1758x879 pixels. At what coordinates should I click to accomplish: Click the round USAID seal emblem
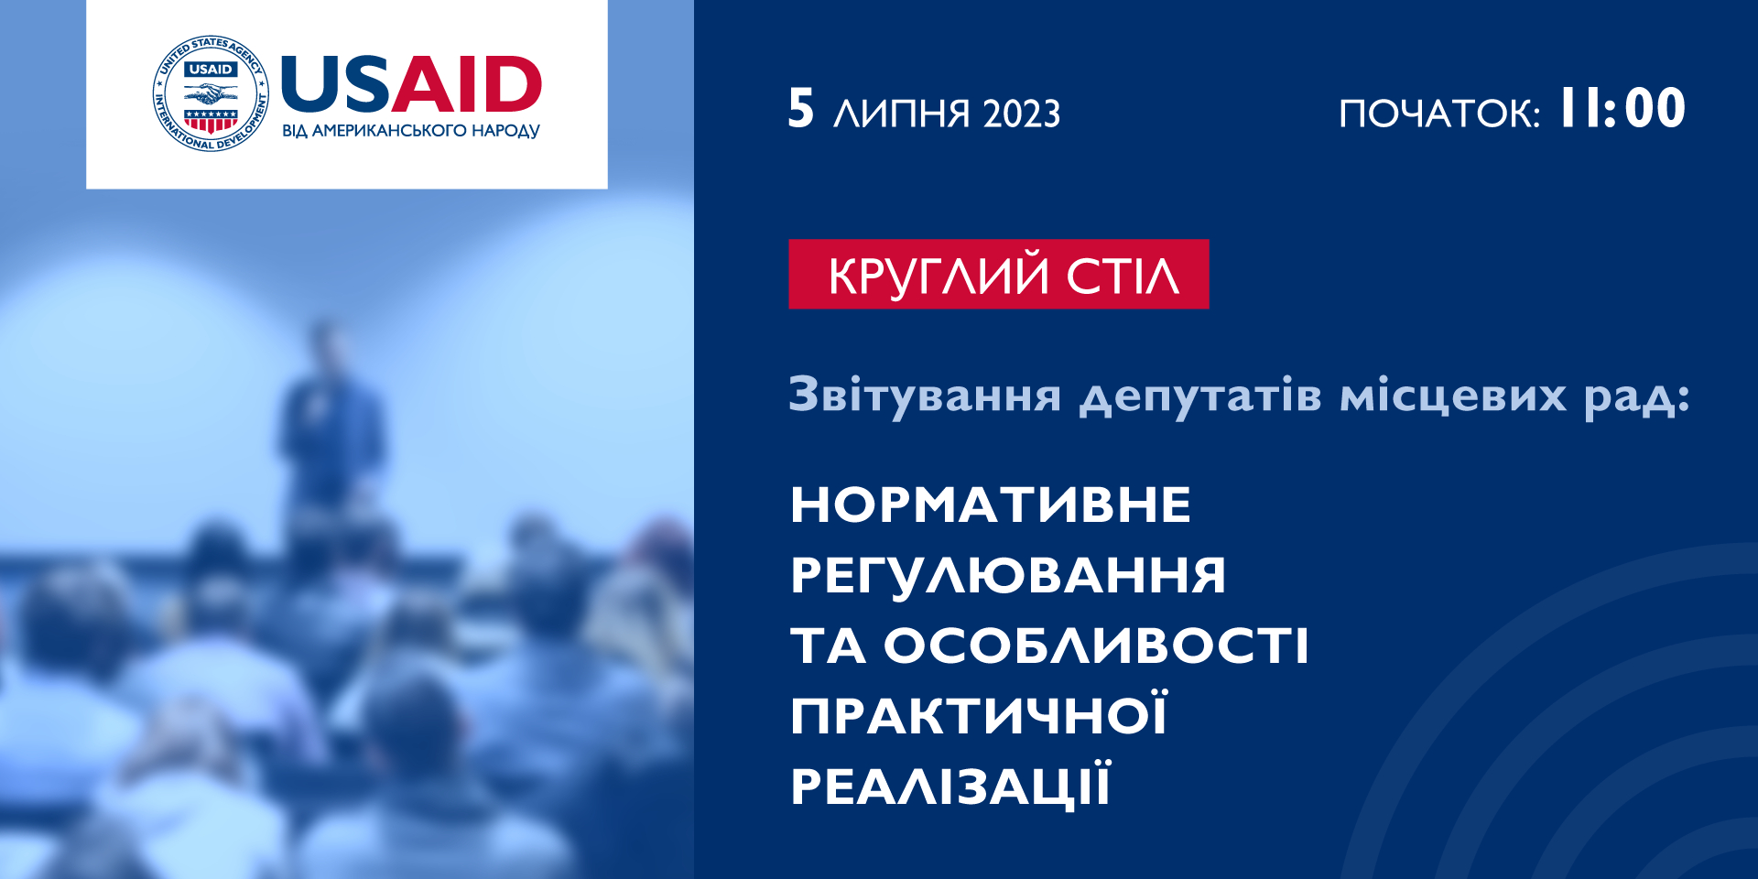tap(211, 93)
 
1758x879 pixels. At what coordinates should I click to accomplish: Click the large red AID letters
tap(467, 84)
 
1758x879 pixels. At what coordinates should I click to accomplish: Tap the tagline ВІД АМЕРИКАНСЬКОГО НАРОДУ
tap(411, 131)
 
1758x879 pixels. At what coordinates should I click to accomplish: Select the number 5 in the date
tap(800, 109)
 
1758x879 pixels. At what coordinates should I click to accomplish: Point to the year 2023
tap(1022, 114)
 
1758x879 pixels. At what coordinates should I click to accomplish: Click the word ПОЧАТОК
tap(1438, 114)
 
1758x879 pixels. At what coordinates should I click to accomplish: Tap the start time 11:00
tap(1622, 108)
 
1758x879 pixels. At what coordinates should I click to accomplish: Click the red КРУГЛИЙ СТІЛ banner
tap(999, 274)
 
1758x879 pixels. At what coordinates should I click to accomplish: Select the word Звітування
tap(925, 395)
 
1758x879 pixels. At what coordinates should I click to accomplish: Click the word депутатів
tap(1200, 396)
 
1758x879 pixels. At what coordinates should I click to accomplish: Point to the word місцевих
tap(1453, 396)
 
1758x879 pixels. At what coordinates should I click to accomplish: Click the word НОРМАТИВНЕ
tap(991, 505)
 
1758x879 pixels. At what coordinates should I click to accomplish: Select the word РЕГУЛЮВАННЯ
tap(1008, 575)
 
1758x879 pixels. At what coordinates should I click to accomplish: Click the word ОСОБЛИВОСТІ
tap(1097, 646)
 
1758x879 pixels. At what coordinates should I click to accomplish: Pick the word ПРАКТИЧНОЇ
tap(979, 714)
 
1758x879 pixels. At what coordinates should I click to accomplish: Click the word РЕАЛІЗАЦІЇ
tap(951, 785)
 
